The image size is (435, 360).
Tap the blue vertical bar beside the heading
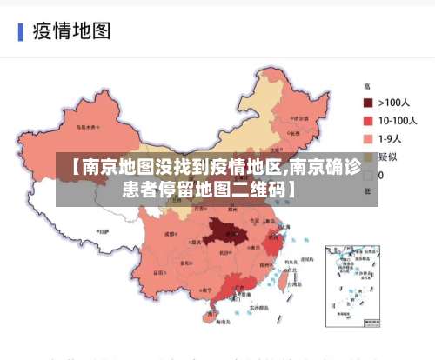[20, 32]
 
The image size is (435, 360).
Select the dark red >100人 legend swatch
[369, 103]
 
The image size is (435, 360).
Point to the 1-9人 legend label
[392, 138]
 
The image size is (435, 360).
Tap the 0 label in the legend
[380, 175]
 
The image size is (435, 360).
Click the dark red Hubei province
[225, 234]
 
